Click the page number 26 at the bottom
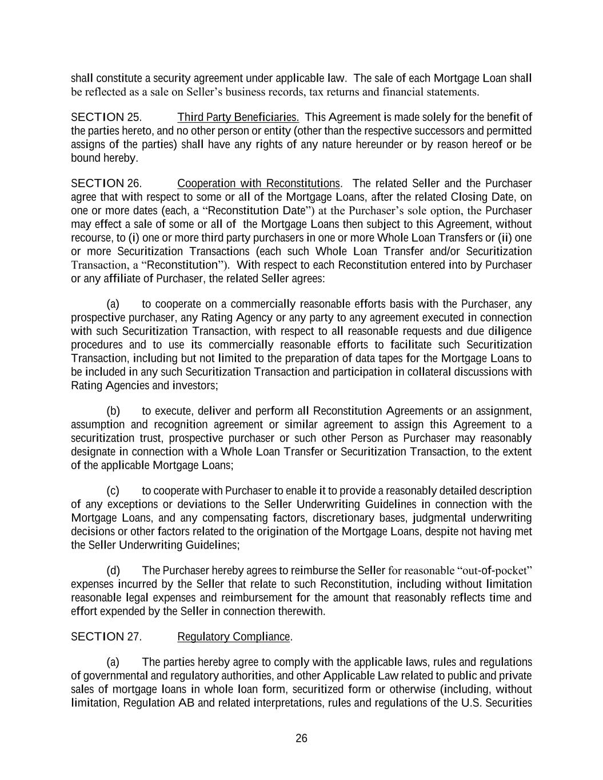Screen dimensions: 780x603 [x=301, y=738]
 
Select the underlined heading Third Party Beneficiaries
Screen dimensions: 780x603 [x=238, y=117]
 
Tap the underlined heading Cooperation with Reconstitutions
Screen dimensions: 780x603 [x=259, y=183]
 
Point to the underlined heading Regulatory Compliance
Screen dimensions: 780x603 [x=234, y=637]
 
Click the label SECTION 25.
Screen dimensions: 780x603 [x=106, y=117]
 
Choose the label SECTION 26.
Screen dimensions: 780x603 [x=106, y=183]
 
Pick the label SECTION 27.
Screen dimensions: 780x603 [x=106, y=637]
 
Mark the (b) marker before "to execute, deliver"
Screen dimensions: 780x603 [x=113, y=411]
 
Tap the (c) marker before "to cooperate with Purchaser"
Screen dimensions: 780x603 [x=113, y=491]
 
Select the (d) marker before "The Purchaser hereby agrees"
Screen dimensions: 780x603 [x=113, y=570]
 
